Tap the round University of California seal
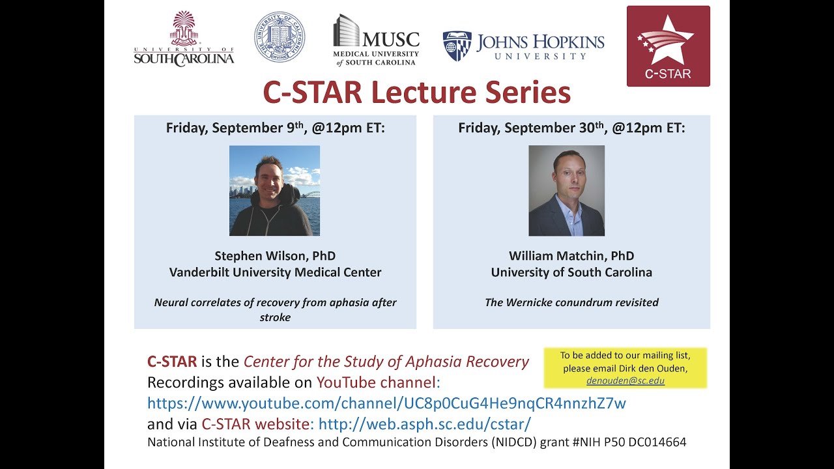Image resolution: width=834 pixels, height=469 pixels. (280, 37)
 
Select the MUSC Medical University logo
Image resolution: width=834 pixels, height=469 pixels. (376, 40)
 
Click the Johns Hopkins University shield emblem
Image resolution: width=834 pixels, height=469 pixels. (457, 46)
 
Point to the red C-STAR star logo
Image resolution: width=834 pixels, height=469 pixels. (668, 46)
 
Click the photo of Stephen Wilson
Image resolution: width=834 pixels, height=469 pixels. (274, 190)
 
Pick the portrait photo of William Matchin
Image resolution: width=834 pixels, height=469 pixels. (566, 190)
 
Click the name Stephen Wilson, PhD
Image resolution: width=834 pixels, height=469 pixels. (275, 256)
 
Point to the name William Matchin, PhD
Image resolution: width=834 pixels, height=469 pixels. (571, 256)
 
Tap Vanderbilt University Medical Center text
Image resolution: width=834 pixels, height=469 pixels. (275, 272)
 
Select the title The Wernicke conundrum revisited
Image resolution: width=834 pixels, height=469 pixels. (571, 302)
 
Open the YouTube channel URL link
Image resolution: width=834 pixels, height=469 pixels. (386, 403)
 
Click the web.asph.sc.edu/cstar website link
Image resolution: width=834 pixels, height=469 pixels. (424, 424)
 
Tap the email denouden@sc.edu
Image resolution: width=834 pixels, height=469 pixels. (625, 380)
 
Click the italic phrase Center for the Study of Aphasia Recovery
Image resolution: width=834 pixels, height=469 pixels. (386, 362)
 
